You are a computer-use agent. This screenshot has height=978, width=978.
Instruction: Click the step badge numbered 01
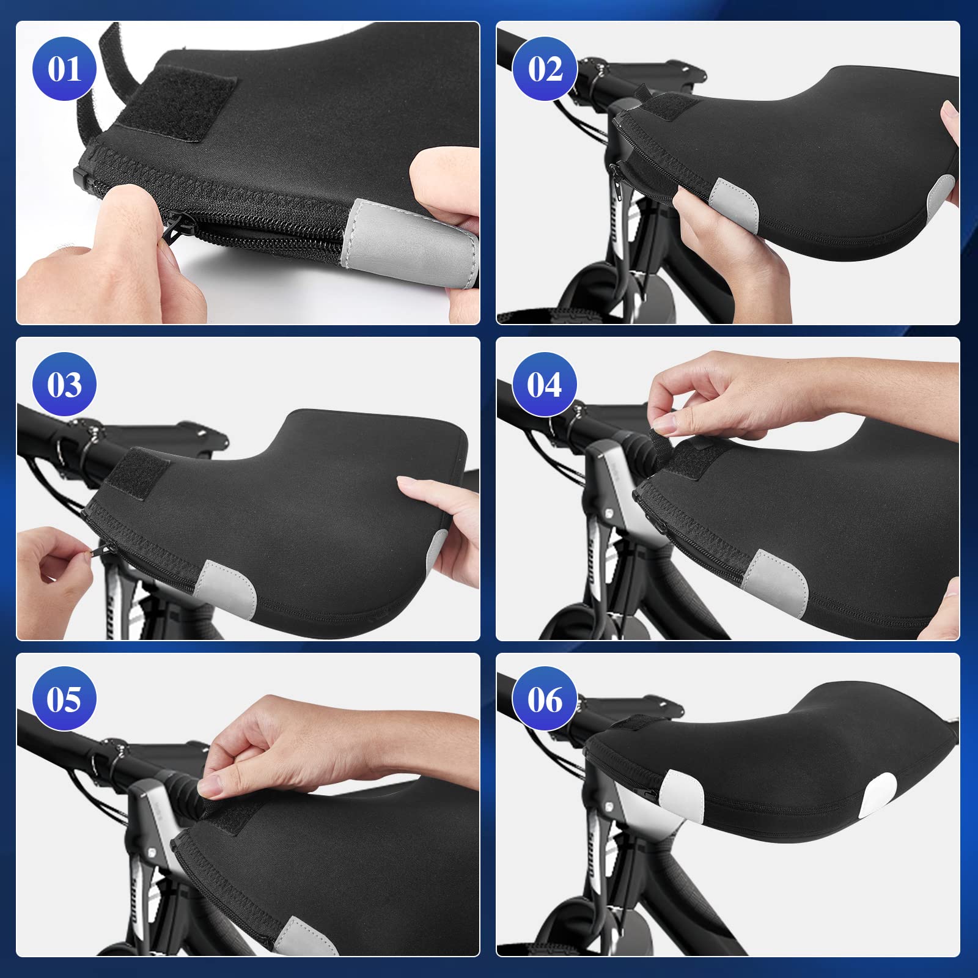(x=64, y=68)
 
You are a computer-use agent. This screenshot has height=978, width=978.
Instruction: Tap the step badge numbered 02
(x=545, y=68)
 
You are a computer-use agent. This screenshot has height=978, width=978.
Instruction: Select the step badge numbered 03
(x=64, y=384)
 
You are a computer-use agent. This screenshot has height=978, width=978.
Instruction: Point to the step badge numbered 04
(x=544, y=384)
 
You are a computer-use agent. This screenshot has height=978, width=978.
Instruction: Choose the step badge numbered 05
(x=64, y=699)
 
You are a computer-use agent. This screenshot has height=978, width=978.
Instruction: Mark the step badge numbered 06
(x=545, y=699)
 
